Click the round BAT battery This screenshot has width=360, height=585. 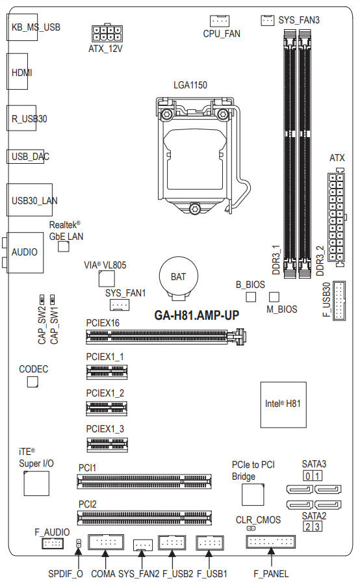[178, 276]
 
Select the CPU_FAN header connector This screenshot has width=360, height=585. [220, 21]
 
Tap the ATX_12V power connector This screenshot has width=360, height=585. [107, 33]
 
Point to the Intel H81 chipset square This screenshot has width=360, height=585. [283, 404]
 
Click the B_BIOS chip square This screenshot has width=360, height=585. [251, 296]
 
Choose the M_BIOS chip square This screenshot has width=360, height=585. [274, 296]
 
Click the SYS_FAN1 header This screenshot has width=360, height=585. [120, 305]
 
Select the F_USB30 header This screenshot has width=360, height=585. [339, 301]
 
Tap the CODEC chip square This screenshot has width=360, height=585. [32, 382]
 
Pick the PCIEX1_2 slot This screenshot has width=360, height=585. [107, 409]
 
